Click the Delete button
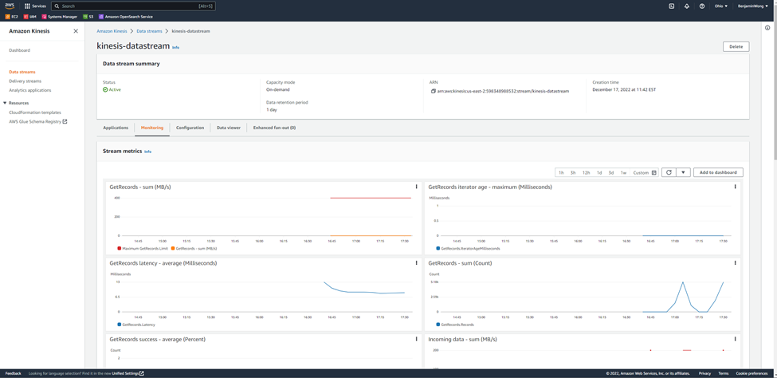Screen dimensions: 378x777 [736, 46]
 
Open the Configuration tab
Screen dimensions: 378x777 [190, 128]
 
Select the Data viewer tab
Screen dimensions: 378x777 [229, 128]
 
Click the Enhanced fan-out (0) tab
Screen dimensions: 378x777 [274, 128]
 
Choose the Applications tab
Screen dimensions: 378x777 [116, 128]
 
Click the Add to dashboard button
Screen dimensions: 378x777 [718, 172]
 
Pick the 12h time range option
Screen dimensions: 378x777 [586, 172]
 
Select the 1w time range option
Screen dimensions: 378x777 [623, 172]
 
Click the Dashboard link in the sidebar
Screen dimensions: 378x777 [19, 50]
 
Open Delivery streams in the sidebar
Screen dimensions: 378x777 [25, 81]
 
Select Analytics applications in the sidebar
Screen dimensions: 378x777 [29, 90]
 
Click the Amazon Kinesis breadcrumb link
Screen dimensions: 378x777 [112, 31]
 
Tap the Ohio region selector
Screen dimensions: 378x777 [720, 6]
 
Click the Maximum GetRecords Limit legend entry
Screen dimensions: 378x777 [143, 248]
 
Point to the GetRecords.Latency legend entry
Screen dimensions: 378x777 [138, 325]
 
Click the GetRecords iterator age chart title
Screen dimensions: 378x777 [489, 187]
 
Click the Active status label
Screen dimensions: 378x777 [115, 90]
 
